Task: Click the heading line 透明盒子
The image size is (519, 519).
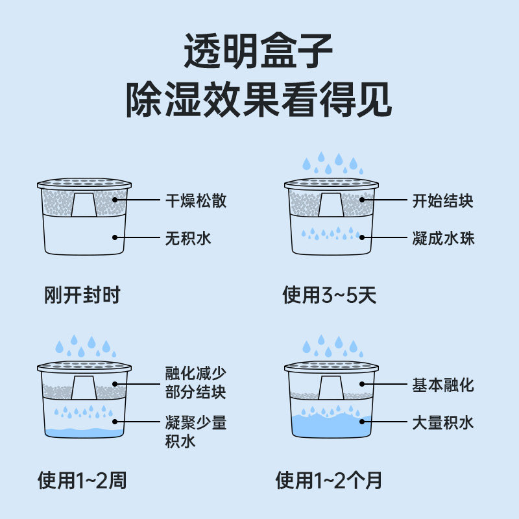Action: click(259, 51)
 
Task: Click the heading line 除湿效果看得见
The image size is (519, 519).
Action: click(259, 101)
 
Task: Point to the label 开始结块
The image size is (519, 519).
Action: click(443, 200)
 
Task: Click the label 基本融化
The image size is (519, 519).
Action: click(443, 385)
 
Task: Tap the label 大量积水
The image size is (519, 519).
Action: click(443, 423)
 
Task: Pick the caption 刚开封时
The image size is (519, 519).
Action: click(82, 296)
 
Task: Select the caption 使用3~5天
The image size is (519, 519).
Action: click(330, 296)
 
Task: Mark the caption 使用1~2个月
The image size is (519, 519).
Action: click(329, 481)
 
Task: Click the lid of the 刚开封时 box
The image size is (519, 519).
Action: click(84, 184)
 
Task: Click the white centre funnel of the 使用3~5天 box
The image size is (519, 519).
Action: click(331, 204)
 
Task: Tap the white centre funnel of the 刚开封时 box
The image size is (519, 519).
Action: click(84, 204)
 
